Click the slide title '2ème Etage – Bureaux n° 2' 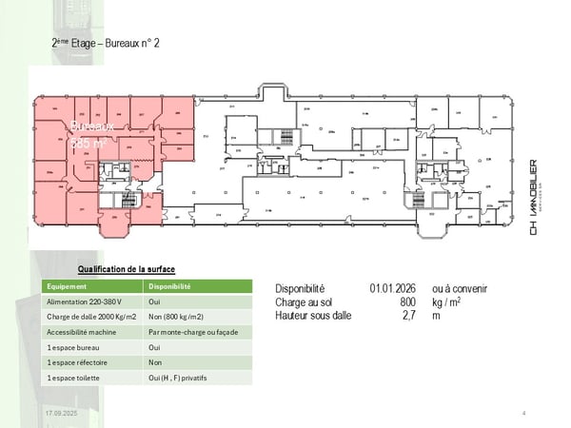pos(106,43)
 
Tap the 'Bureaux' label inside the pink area pos(92,126)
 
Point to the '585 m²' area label pos(91,143)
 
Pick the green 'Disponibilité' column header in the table pos(170,285)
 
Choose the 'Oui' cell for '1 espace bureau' pos(155,347)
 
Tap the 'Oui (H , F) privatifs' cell pos(178,378)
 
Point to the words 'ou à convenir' pos(460,288)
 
